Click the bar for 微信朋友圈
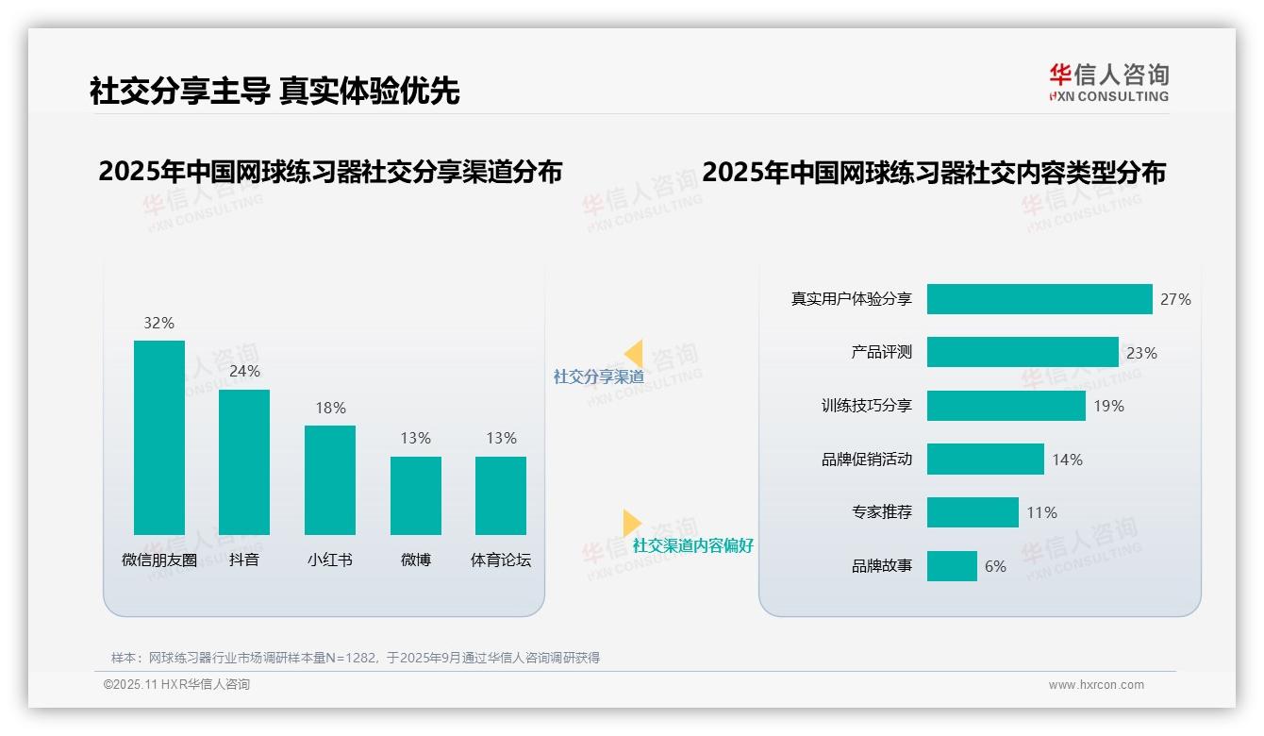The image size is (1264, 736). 159,438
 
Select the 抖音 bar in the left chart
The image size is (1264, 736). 244,462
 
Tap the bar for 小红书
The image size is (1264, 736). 330,480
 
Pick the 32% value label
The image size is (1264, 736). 159,323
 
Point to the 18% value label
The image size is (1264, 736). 330,408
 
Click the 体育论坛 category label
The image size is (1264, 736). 501,560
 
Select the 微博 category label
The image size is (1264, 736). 416,560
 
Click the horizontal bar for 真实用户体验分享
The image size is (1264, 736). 1039,299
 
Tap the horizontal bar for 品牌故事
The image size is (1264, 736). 952,566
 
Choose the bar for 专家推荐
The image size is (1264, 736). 973,512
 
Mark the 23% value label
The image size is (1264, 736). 1141,353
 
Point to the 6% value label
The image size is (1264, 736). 995,566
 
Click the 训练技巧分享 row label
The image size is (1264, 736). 867,406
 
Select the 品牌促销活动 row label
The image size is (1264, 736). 867,460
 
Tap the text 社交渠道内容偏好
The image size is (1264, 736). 693,545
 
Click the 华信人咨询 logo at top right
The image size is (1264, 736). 1108,82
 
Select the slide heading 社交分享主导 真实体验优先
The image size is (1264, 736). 274,92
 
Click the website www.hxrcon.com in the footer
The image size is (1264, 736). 1096,685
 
